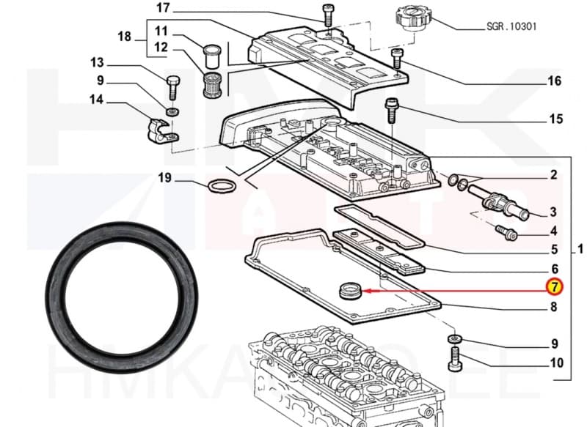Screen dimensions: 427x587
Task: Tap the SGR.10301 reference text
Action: coord(511,26)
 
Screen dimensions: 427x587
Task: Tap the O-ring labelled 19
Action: coord(220,187)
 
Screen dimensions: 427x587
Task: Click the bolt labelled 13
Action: coord(173,86)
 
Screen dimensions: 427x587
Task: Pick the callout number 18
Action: coord(124,37)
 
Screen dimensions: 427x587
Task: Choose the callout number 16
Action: coord(554,81)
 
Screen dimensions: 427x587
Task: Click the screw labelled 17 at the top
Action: coord(327,15)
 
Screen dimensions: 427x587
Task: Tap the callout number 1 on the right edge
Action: coord(580,250)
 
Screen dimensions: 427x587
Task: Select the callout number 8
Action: coord(554,308)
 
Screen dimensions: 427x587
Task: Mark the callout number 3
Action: coord(554,212)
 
